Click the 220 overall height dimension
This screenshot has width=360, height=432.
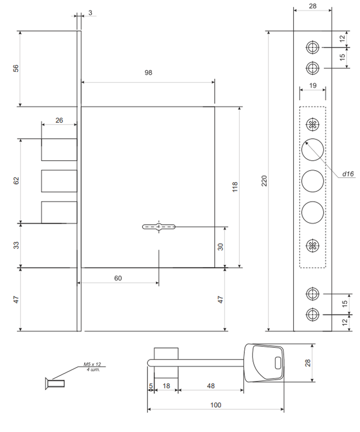pyautogui.click(x=264, y=181)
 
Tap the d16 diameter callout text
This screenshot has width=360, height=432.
pyautogui.click(x=348, y=174)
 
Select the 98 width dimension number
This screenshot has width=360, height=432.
pyautogui.click(x=148, y=73)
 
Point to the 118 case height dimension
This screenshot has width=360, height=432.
pyautogui.click(x=235, y=187)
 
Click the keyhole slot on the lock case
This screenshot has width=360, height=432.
pyautogui.click(x=159, y=227)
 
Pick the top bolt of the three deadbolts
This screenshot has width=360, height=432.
pyautogui.click(x=59, y=149)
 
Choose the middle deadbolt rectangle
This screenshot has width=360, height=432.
pyautogui.click(x=59, y=181)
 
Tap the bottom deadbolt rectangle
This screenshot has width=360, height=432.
pyautogui.click(x=59, y=212)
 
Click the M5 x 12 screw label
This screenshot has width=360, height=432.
pyautogui.click(x=92, y=364)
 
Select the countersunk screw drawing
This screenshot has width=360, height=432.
pyautogui.click(x=55, y=383)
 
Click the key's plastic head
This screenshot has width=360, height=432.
pyautogui.click(x=264, y=363)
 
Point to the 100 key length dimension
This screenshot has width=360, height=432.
pyautogui.click(x=215, y=405)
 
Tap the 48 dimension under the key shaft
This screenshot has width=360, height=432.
pyautogui.click(x=211, y=386)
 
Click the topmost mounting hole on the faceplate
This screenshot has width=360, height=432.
pyautogui.click(x=313, y=47)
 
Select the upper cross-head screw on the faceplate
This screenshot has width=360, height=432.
pyautogui.click(x=313, y=124)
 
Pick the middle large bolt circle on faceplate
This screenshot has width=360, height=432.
pyautogui.click(x=313, y=181)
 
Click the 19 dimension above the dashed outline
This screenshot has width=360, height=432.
pyautogui.click(x=313, y=86)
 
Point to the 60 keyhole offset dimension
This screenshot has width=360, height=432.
pyautogui.click(x=118, y=278)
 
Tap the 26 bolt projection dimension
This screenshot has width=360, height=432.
pyautogui.click(x=59, y=120)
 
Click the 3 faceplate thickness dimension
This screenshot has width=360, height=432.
pyautogui.click(x=90, y=13)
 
